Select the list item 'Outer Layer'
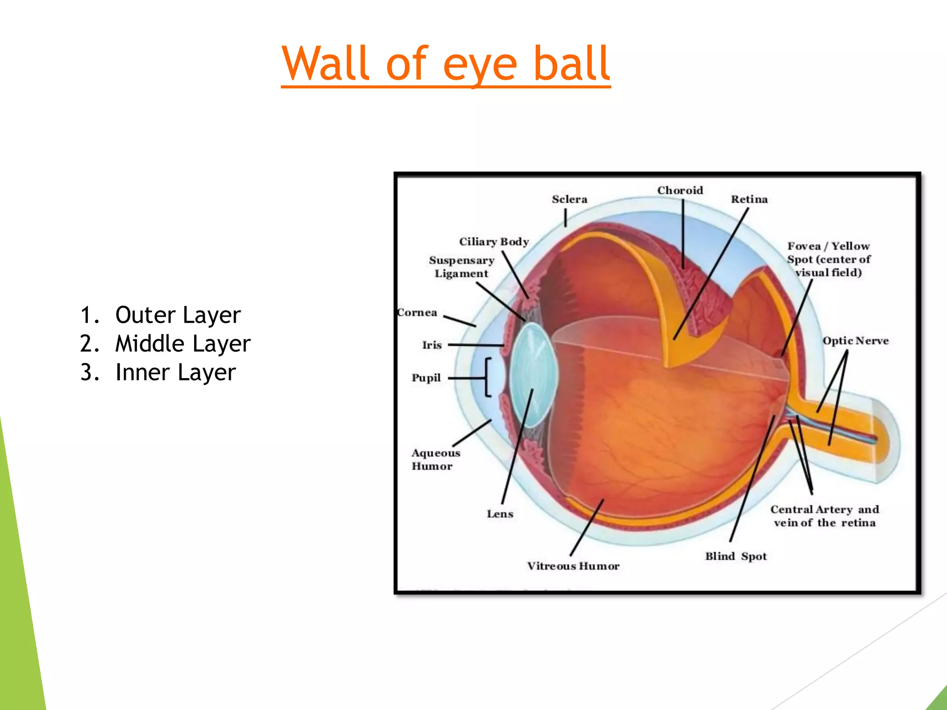pyautogui.click(x=178, y=315)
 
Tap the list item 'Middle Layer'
pyautogui.click(x=183, y=344)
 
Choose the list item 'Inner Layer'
pyautogui.click(x=175, y=373)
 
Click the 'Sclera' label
pyautogui.click(x=569, y=199)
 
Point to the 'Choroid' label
pyautogui.click(x=680, y=190)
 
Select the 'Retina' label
pyautogui.click(x=749, y=199)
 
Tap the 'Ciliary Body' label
pyautogui.click(x=494, y=242)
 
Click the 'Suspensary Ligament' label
pyautogui.click(x=461, y=267)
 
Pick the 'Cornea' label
pyautogui.click(x=417, y=312)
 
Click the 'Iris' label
pyautogui.click(x=432, y=345)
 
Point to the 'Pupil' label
pyautogui.click(x=426, y=378)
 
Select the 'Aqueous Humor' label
pyautogui.click(x=435, y=459)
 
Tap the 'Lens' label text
pyautogui.click(x=500, y=514)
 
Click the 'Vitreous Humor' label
pyautogui.click(x=573, y=566)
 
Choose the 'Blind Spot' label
pyautogui.click(x=736, y=556)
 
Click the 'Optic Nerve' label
pyautogui.click(x=855, y=341)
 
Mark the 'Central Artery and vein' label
pyautogui.click(x=824, y=516)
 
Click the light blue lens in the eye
pyautogui.click(x=533, y=374)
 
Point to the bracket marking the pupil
pyautogui.click(x=487, y=377)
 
